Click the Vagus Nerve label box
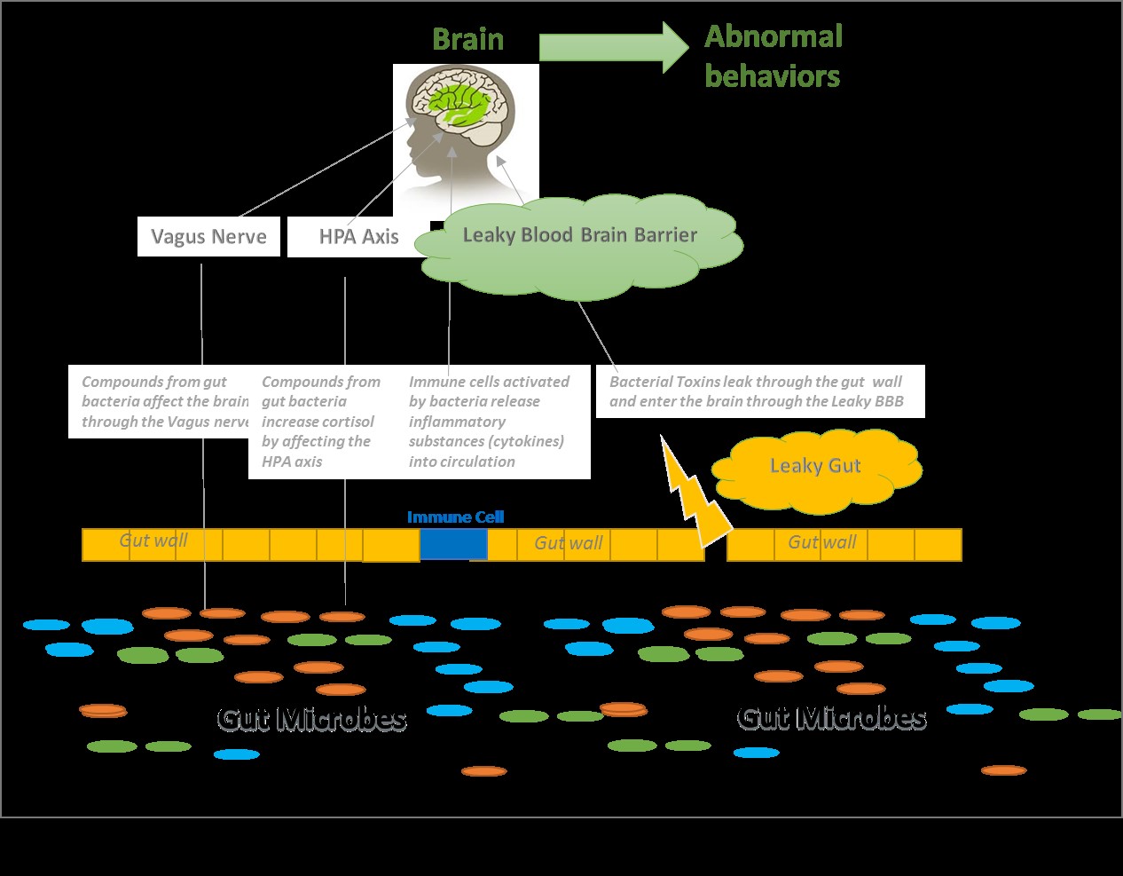tap(208, 237)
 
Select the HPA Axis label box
tap(357, 237)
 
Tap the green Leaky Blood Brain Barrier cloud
tap(579, 249)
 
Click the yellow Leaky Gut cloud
tap(815, 468)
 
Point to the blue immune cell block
tap(453, 544)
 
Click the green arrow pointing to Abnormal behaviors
tap(612, 47)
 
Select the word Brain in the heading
tap(467, 40)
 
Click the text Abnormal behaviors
tap(773, 56)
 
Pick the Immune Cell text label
tap(455, 517)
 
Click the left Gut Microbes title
tap(312, 718)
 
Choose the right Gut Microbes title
tap(832, 717)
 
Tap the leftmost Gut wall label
tap(153, 541)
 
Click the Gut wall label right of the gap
tap(822, 542)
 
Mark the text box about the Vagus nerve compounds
tap(160, 401)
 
